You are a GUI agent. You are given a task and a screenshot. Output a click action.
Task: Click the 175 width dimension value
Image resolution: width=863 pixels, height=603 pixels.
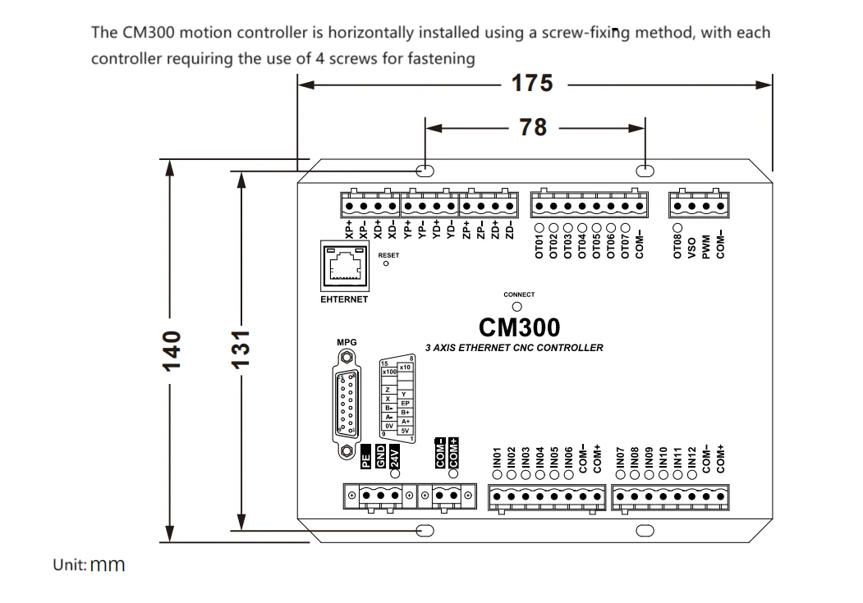point(532,84)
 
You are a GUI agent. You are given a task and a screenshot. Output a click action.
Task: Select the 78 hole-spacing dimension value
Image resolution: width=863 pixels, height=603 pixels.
point(535,127)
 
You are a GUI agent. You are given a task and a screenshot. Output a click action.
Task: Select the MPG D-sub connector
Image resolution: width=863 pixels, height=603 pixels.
point(347,401)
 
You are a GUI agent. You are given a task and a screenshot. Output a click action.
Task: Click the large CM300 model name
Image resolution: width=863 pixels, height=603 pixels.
point(519,327)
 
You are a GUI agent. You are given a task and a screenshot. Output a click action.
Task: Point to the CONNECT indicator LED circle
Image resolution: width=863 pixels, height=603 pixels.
point(518,306)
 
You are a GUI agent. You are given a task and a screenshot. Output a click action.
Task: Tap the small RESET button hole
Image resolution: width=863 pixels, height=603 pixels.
point(386,265)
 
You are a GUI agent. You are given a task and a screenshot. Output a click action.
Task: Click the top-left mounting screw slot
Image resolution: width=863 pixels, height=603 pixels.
point(425,171)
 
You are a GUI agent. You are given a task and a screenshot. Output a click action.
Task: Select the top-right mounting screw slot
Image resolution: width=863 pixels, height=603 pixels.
point(645,171)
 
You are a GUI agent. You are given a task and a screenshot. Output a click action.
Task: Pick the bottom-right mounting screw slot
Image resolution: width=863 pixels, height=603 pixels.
point(645,530)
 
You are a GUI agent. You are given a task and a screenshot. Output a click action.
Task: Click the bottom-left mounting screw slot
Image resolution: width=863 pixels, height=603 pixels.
point(425,530)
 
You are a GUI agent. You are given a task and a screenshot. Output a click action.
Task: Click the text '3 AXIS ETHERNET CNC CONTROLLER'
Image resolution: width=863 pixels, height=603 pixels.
point(514,347)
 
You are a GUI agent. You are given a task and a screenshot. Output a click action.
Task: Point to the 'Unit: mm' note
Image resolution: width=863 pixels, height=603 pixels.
point(89,565)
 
